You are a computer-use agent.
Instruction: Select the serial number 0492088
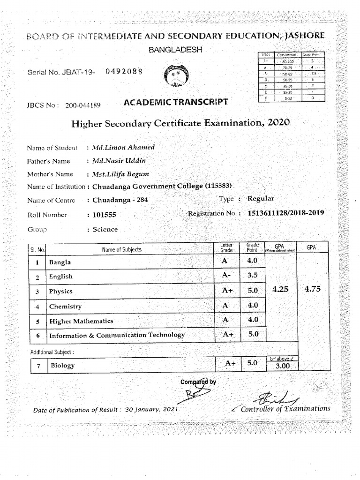click(124, 72)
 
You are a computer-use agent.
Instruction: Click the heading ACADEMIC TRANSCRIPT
click(176, 102)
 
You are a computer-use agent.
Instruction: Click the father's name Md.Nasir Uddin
click(119, 161)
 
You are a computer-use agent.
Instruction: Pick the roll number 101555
click(103, 215)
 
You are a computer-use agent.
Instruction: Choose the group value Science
click(105, 230)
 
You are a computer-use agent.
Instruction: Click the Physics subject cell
click(61, 292)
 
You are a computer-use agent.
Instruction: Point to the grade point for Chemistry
click(253, 305)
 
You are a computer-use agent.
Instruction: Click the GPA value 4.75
click(313, 289)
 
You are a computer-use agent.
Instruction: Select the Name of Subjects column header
click(121, 250)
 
